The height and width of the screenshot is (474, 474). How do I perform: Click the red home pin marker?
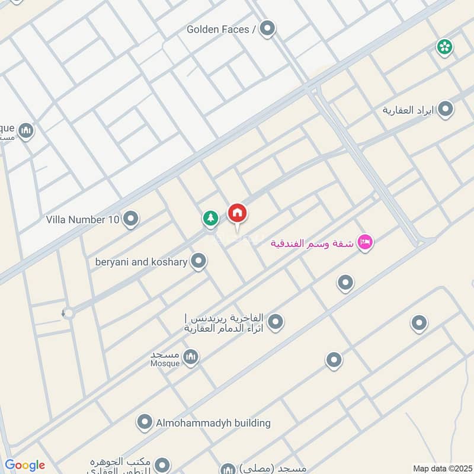[238, 213]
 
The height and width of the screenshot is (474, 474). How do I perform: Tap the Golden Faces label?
[220, 29]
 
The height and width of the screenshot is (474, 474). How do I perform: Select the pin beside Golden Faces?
[268, 28]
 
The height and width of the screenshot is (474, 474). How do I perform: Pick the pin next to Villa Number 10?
[131, 220]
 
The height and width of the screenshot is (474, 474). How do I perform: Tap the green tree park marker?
[210, 219]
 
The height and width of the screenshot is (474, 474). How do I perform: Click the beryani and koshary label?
[141, 261]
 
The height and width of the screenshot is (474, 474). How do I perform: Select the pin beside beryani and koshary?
[199, 261]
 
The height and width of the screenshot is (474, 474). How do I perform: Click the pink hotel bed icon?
[366, 242]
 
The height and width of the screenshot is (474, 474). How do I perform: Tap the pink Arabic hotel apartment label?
[312, 243]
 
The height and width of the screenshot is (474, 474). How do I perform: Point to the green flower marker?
[444, 47]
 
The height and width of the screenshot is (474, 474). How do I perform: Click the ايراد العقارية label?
[408, 110]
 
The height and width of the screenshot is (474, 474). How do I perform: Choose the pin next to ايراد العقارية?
[445, 110]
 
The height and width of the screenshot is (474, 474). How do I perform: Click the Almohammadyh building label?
[213, 423]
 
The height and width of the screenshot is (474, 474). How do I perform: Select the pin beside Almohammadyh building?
[144, 422]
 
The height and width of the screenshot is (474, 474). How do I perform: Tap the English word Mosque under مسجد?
[165, 363]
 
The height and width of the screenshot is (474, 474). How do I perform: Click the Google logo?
[25, 465]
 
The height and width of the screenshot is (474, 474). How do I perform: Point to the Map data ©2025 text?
[441, 468]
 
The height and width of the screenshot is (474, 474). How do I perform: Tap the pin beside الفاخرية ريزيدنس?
[275, 322]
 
